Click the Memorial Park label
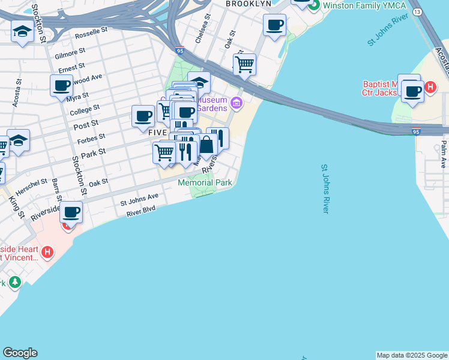(205, 183)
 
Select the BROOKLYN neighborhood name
(249, 4)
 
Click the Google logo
(20, 353)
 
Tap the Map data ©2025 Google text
(412, 355)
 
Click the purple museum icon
(237, 103)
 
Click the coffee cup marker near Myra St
(61, 85)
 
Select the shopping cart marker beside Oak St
(244, 64)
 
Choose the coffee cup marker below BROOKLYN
(274, 25)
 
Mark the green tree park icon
(14, 281)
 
